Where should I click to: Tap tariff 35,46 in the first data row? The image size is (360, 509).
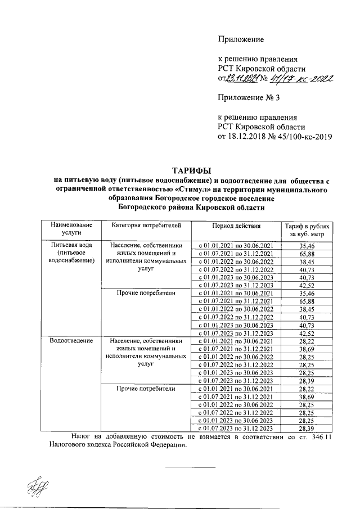(x=307, y=246)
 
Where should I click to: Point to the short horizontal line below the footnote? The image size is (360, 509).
(x=191, y=467)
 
